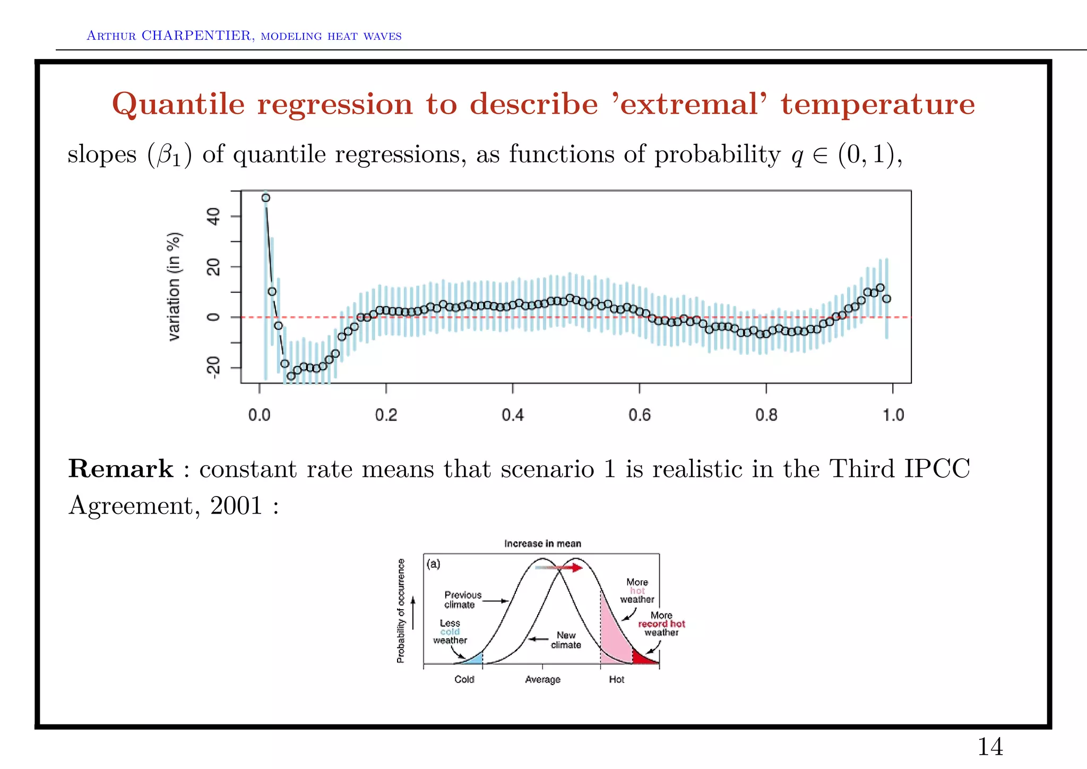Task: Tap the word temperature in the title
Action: coord(877,104)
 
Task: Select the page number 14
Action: coord(990,747)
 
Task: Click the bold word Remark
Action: coord(120,469)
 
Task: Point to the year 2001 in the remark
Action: coord(236,505)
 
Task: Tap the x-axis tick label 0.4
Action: coord(513,415)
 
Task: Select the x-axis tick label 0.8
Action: coord(766,415)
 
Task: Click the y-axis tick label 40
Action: coord(213,217)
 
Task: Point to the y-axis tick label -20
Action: coord(213,368)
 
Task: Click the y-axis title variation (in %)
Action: coord(174,287)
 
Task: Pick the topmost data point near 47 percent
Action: coord(266,198)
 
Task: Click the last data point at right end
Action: coord(886,299)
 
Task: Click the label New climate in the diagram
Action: coord(566,640)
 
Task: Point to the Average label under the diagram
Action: coord(542,679)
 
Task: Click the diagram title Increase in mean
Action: coord(542,543)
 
